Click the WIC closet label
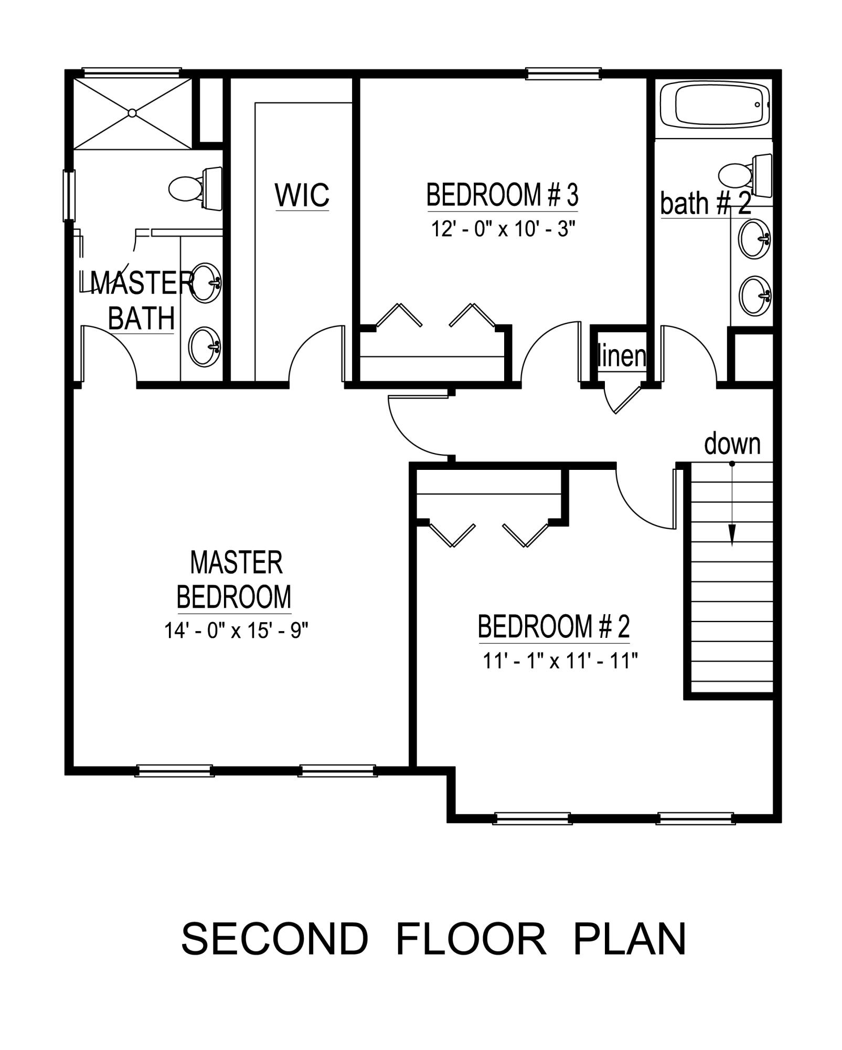pos(302,195)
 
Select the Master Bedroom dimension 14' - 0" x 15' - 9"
pos(236,631)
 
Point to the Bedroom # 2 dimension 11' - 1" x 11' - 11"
pos(559,661)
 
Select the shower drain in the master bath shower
pos(132,113)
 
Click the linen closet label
pos(622,356)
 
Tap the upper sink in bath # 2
pos(754,239)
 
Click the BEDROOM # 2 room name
pos(553,626)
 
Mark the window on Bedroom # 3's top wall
pos(563,74)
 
